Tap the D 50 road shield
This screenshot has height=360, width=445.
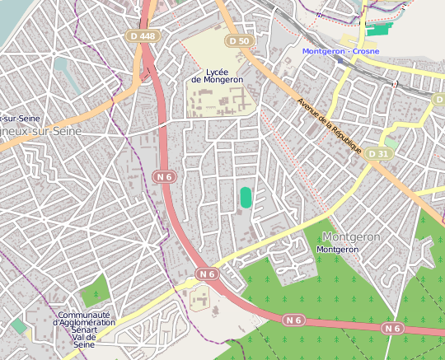coord(238,40)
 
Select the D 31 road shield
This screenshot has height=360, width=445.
coord(377,154)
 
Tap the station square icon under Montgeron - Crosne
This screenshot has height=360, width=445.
coord(340,60)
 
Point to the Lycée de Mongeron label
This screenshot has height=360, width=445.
coord(217,76)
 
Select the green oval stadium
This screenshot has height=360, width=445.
coord(246,198)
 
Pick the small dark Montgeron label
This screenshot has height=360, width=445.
coord(337,249)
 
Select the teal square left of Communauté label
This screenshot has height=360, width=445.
coord(18,326)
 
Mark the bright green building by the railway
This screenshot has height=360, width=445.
coord(379,29)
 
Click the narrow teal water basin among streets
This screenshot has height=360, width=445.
coord(63,69)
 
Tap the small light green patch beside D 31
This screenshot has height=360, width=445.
coord(391,143)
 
